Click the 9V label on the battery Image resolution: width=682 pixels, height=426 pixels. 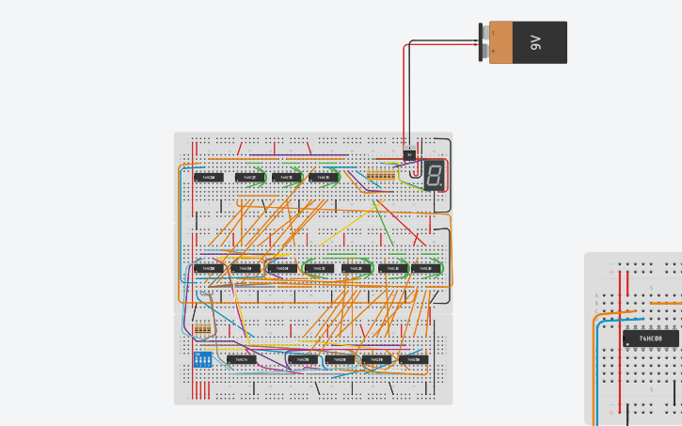535,42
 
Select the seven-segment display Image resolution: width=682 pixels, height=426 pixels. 435,175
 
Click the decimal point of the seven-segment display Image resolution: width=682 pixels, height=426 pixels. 441,184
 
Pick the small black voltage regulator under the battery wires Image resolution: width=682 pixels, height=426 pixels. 408,154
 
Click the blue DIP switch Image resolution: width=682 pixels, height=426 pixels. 202,359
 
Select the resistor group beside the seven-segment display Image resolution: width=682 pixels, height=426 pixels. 380,176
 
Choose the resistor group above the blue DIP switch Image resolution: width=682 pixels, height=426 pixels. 202,329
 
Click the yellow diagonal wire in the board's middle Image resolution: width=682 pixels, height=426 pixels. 347,227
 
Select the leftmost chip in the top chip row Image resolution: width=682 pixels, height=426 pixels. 209,177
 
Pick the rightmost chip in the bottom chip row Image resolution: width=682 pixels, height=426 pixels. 412,359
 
